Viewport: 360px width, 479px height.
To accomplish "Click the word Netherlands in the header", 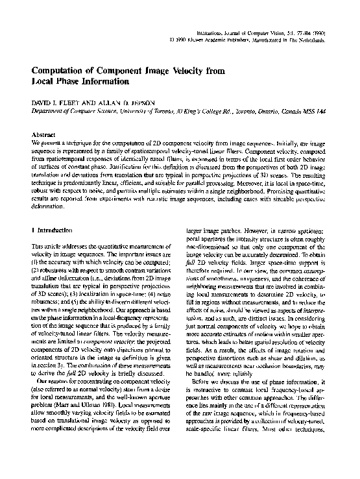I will click(324, 40).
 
